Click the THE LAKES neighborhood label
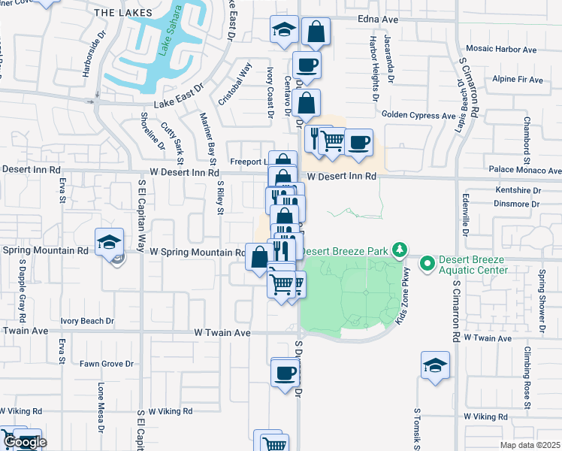click(124, 13)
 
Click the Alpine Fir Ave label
click(517, 79)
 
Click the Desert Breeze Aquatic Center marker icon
click(428, 263)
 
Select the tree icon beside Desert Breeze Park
click(401, 249)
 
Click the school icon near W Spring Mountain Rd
click(110, 242)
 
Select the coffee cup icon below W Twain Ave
click(285, 372)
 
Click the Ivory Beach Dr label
click(87, 321)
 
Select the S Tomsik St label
click(415, 428)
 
